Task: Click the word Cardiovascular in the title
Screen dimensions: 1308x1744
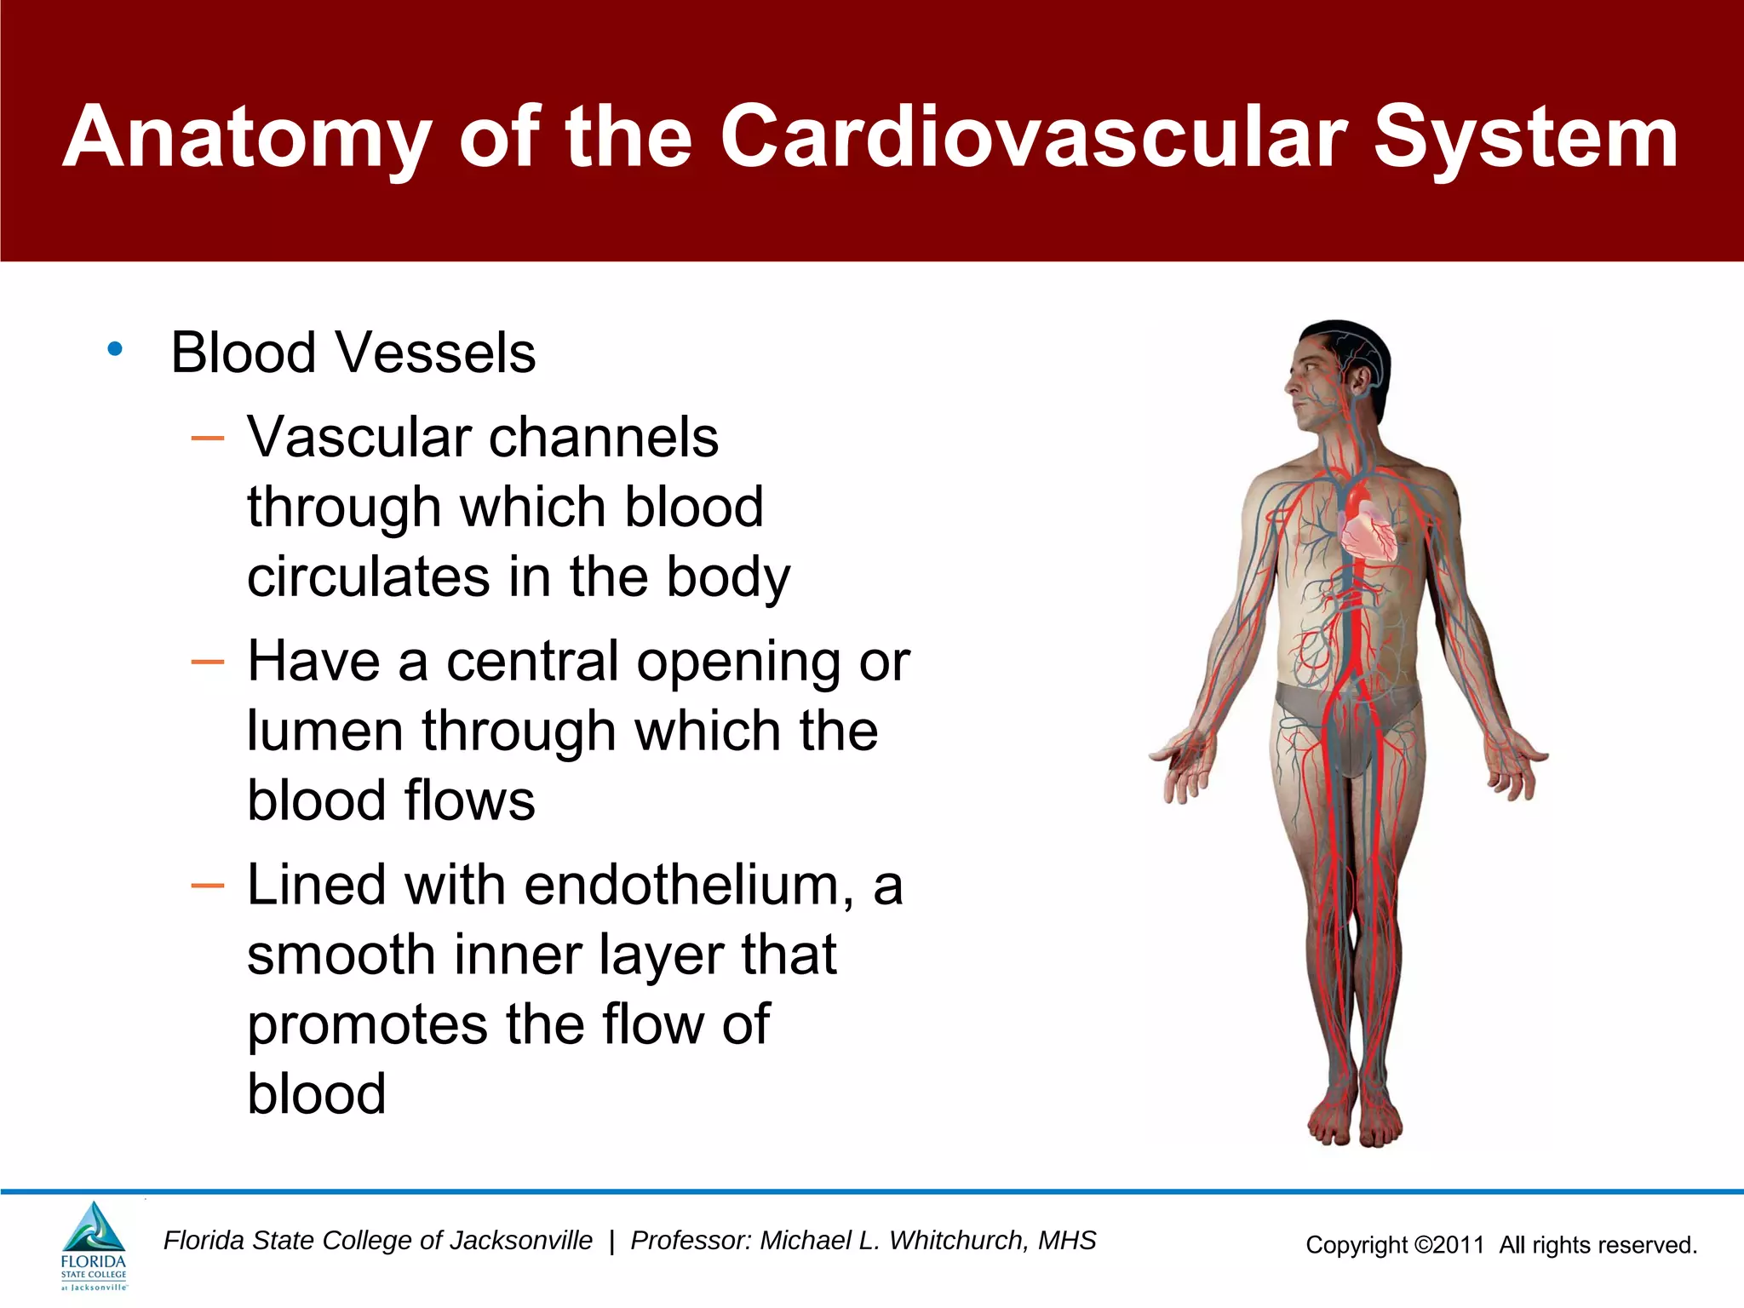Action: pyautogui.click(x=1033, y=136)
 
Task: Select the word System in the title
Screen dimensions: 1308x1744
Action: pyautogui.click(x=1525, y=136)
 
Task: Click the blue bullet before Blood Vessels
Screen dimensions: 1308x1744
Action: pyautogui.click(x=115, y=348)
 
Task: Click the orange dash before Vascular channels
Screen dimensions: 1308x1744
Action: pyautogui.click(x=208, y=439)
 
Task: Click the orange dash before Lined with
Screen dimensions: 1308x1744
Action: pyautogui.click(x=208, y=886)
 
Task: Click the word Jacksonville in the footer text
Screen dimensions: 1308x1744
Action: pyautogui.click(x=520, y=1241)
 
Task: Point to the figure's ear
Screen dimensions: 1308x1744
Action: pyautogui.click(x=1360, y=378)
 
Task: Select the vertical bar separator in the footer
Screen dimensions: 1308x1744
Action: pyautogui.click(x=611, y=1242)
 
